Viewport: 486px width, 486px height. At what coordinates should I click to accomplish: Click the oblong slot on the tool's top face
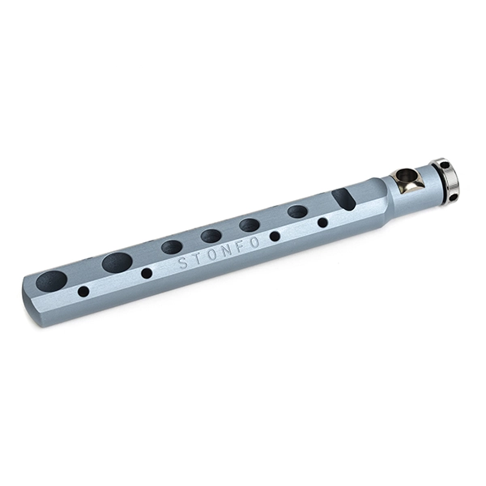[343, 198]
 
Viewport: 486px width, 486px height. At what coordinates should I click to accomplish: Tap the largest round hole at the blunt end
[52, 281]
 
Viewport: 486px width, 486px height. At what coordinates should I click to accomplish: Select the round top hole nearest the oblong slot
[297, 211]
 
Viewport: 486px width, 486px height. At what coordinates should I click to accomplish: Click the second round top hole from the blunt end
[117, 262]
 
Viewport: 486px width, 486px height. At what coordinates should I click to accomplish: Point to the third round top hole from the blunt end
[172, 247]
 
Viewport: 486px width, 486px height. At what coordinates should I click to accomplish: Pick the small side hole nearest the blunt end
[83, 292]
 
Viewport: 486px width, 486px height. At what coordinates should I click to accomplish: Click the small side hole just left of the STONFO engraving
[147, 273]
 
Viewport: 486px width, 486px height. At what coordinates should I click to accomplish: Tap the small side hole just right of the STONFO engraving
[275, 237]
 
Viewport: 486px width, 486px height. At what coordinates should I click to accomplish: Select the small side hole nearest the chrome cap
[322, 222]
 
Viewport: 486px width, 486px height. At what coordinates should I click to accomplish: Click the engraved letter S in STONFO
[183, 263]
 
